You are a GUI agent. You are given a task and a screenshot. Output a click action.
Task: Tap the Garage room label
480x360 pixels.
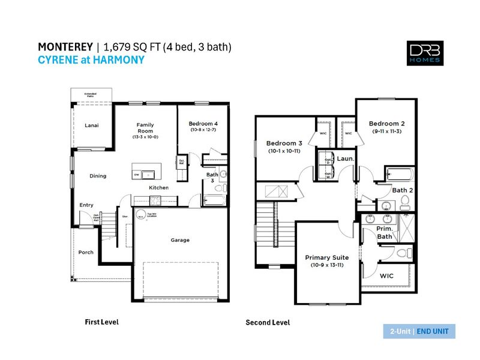[180, 240]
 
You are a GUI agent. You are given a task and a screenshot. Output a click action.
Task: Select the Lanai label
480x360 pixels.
[91, 125]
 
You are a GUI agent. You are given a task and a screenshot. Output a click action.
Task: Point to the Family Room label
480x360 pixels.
[145, 127]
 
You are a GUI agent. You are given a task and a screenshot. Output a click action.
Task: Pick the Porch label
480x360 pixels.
[86, 252]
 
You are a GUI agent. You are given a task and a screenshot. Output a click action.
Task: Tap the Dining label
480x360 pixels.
[98, 176]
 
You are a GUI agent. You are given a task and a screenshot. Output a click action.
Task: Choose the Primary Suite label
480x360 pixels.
[327, 257]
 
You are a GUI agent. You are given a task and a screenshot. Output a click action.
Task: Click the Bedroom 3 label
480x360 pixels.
[284, 143]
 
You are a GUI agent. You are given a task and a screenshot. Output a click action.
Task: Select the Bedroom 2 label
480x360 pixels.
[387, 123]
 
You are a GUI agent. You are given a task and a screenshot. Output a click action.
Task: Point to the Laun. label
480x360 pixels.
[346, 158]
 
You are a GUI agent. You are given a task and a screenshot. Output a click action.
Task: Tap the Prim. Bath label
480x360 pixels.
[385, 232]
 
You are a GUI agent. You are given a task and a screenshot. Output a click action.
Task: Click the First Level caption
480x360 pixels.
[101, 322]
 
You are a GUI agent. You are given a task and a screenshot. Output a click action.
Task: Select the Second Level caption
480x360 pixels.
[268, 323]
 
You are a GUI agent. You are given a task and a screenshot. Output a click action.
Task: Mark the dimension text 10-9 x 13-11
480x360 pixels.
[327, 265]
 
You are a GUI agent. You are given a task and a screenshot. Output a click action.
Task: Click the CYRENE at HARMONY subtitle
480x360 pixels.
[91, 59]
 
